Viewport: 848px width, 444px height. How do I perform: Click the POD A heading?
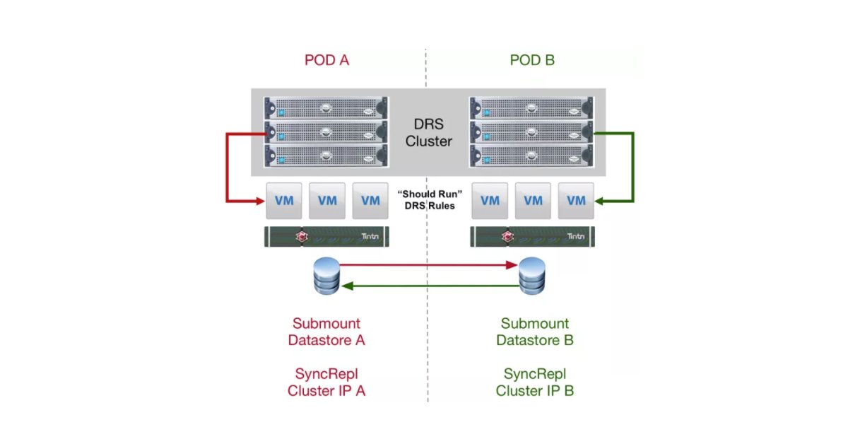pyautogui.click(x=326, y=60)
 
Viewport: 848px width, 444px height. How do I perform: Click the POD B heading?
pyautogui.click(x=532, y=60)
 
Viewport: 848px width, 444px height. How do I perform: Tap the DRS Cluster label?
pyautogui.click(x=428, y=132)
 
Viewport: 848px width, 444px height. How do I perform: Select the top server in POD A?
pyautogui.click(x=326, y=109)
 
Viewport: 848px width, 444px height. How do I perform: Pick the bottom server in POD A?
pyautogui.click(x=326, y=154)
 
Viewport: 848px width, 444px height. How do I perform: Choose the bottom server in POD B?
pyautogui.click(x=532, y=154)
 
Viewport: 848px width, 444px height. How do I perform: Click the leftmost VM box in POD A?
pyautogui.click(x=283, y=201)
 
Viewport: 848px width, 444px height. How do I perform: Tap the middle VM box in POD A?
pyautogui.click(x=326, y=201)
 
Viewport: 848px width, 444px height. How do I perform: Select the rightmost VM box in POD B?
pyautogui.click(x=576, y=201)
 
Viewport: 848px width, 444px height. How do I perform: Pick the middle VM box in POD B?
pyautogui.click(x=533, y=201)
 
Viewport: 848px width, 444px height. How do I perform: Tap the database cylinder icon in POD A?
pyautogui.click(x=326, y=275)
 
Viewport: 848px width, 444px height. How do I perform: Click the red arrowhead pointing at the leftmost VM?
pyautogui.click(x=259, y=201)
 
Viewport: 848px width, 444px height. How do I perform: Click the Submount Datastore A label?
pyautogui.click(x=326, y=332)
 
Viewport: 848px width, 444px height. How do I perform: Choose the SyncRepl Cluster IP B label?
pyautogui.click(x=535, y=382)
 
